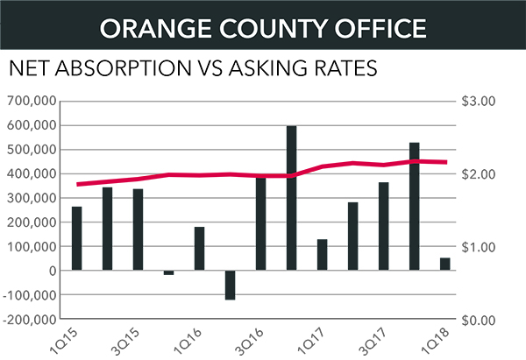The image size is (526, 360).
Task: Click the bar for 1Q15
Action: coord(77,238)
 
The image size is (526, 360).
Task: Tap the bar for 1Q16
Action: coord(199,249)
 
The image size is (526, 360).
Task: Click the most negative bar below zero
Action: coord(230,286)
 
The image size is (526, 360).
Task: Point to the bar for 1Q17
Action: coord(322,255)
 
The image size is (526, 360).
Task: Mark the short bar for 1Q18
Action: coord(444,264)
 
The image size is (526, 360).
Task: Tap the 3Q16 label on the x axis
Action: coord(250,340)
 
